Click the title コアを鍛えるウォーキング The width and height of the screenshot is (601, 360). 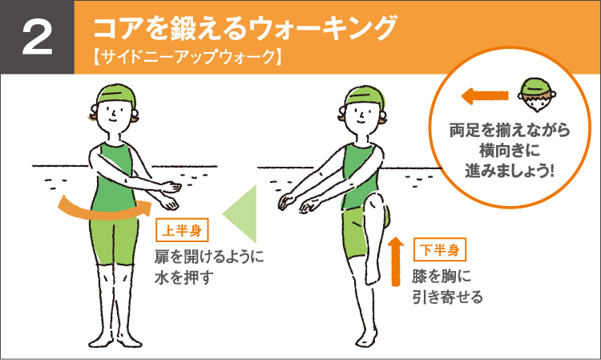(245, 28)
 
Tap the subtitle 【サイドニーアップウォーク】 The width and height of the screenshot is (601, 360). (185, 58)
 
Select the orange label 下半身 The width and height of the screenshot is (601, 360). (439, 249)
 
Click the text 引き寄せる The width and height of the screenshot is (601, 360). (447, 298)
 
